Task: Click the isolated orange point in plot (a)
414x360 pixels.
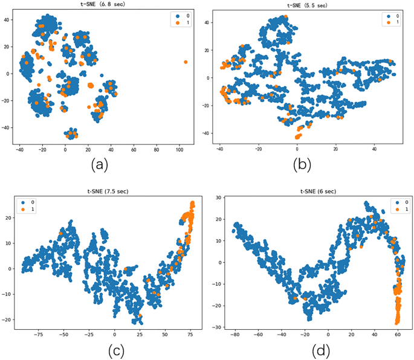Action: (186, 62)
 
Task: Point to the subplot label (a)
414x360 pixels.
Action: (100, 164)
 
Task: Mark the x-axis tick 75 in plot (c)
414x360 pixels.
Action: (191, 333)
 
